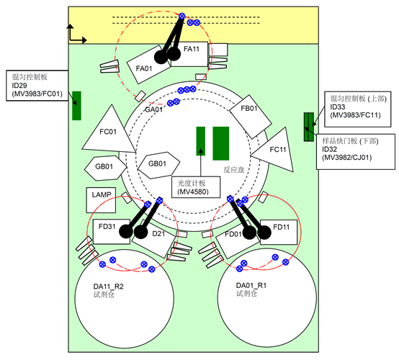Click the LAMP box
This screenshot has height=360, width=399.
pyautogui.click(x=101, y=200)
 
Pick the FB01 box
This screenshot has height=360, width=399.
pyautogui.click(x=251, y=117)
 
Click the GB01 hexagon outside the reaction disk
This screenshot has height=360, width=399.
pyautogui.click(x=105, y=168)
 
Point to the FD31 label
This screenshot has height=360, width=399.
pyautogui.click(x=107, y=226)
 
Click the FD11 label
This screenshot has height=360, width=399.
pyautogui.click(x=281, y=227)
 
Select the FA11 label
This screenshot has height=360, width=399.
pyautogui.click(x=192, y=49)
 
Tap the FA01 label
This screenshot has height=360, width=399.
pyautogui.click(x=144, y=68)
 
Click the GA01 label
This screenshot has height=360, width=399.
pyautogui.click(x=153, y=109)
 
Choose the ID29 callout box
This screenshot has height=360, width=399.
pyautogui.click(x=37, y=86)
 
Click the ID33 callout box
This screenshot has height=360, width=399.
pyautogui.click(x=358, y=109)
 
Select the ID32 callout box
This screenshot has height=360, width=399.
pyautogui.click(x=356, y=152)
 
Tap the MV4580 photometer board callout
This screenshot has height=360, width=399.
pyautogui.click(x=196, y=187)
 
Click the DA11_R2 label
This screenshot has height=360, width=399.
pyautogui.click(x=109, y=287)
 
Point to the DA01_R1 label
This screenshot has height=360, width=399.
pyautogui.click(x=251, y=285)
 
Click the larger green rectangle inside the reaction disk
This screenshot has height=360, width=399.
pyautogui.click(x=221, y=143)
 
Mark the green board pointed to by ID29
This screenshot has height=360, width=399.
pyautogui.click(x=76, y=106)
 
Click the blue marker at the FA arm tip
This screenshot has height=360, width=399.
pyautogui.click(x=181, y=16)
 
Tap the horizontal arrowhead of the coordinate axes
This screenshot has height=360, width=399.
pyautogui.click(x=84, y=40)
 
